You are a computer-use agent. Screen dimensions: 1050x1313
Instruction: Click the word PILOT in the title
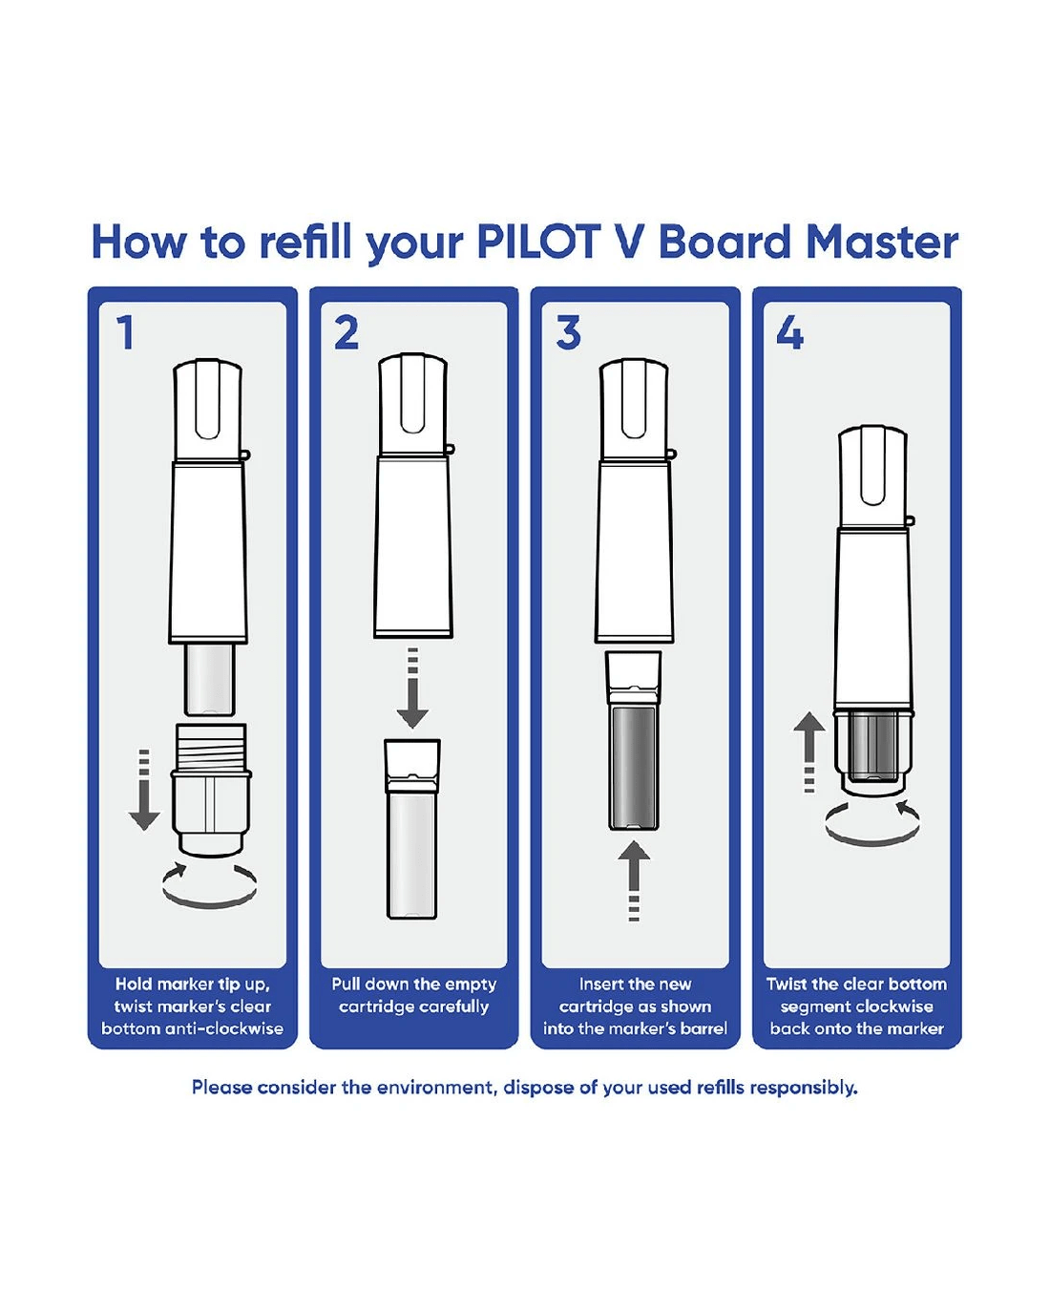click(537, 243)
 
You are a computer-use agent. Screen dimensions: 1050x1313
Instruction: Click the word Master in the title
click(882, 243)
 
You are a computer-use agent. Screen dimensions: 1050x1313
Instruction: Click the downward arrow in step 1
click(144, 790)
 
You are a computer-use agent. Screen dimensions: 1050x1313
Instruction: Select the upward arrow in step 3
click(634, 881)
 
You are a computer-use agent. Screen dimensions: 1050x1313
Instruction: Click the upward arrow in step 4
click(809, 752)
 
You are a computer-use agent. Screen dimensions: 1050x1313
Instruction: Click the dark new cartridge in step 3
click(634, 767)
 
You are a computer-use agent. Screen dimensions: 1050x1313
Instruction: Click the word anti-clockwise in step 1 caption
click(245, 1029)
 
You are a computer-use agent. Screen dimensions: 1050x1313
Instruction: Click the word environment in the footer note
click(435, 1088)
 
